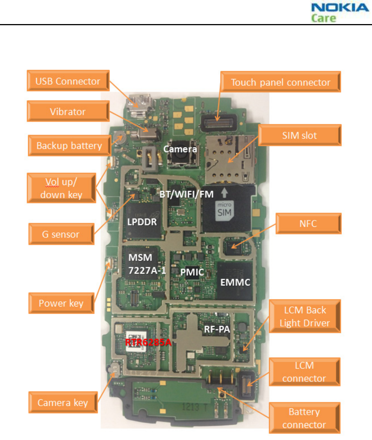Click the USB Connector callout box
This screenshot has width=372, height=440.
(x=68, y=81)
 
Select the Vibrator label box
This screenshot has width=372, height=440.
(x=68, y=111)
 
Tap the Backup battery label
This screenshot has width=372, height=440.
(x=69, y=146)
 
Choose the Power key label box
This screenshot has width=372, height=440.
(x=61, y=303)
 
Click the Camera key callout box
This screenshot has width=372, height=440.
(x=62, y=403)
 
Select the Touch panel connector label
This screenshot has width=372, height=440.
(x=280, y=82)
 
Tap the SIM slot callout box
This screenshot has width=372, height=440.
(x=299, y=135)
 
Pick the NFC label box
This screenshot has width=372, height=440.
(x=308, y=224)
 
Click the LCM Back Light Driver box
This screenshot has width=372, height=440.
(x=304, y=316)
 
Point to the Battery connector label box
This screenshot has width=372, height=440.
(x=304, y=418)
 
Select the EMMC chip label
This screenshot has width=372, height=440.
(x=235, y=282)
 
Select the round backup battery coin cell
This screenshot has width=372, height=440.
(x=120, y=138)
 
